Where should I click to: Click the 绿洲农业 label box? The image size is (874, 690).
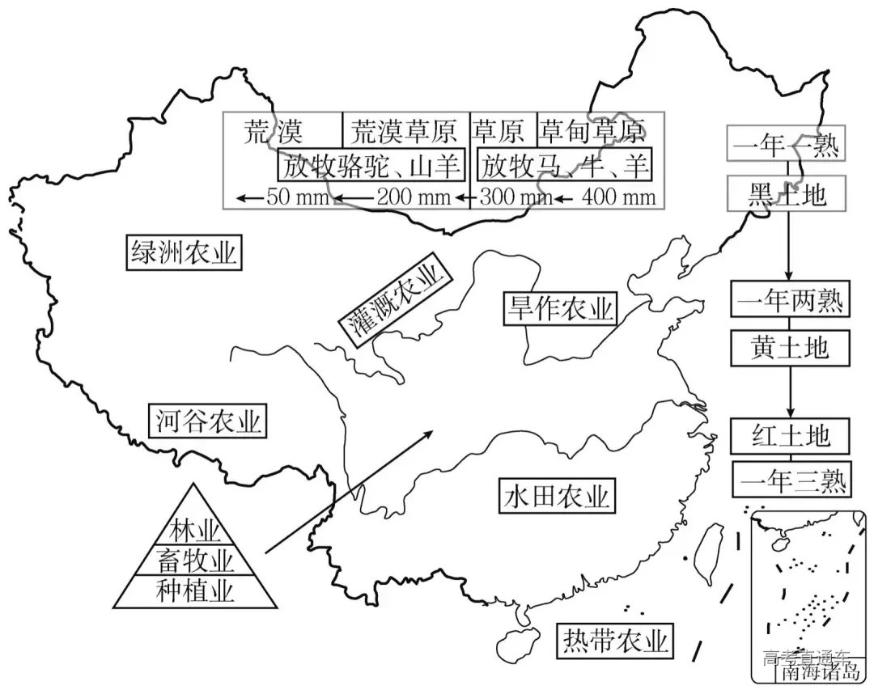coord(184,253)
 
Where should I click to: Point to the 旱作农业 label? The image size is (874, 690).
coord(559,308)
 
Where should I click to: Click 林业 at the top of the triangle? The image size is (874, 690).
coord(195,531)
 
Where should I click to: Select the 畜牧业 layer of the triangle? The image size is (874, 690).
coord(195,560)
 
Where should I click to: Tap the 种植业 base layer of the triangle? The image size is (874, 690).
coord(195,591)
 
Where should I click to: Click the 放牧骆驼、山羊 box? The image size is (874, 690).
coord(371,167)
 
